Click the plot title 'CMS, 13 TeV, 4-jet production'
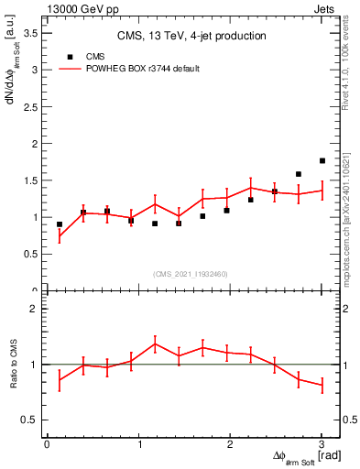click(191, 37)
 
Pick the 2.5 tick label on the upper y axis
click(30, 106)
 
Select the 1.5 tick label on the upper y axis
click(30, 180)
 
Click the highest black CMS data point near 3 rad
click(322, 160)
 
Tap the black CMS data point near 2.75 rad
click(299, 174)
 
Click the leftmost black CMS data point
click(60, 224)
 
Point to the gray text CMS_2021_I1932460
click(191, 274)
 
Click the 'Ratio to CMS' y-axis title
click(12, 365)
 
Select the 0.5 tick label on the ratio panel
click(30, 420)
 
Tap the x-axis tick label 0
click(47, 444)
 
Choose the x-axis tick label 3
click(322, 444)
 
